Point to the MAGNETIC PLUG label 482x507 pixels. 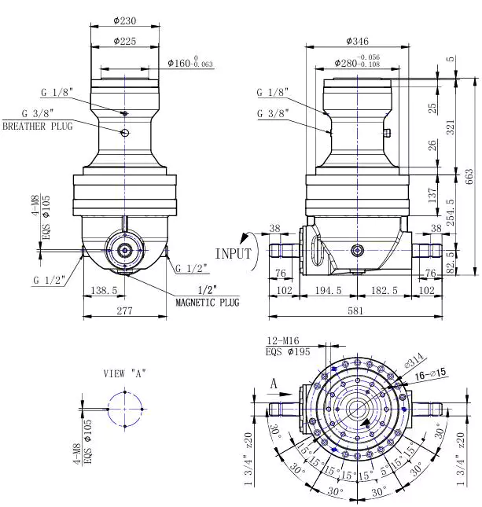pos(207,303)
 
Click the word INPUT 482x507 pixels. pos(233,253)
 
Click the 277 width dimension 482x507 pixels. pos(124,309)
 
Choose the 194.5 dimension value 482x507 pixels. pos(328,290)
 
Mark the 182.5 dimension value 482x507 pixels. pos(382,290)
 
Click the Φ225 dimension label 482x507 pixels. pos(126,40)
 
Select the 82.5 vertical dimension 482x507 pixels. pos(451,259)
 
